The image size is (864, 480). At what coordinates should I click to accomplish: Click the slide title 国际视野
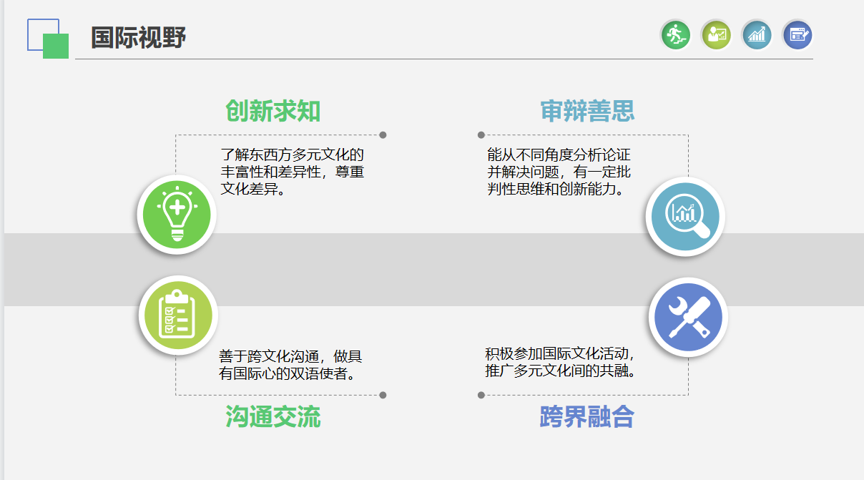pyautogui.click(x=138, y=37)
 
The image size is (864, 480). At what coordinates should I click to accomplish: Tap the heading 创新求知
pyautogui.click(x=273, y=111)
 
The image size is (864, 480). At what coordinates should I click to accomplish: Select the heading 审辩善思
pyautogui.click(x=587, y=111)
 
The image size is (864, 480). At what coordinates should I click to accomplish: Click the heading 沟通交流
pyautogui.click(x=273, y=417)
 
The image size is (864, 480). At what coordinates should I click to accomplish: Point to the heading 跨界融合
pyautogui.click(x=587, y=417)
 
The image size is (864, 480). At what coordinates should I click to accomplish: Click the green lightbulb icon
pyautogui.click(x=177, y=215)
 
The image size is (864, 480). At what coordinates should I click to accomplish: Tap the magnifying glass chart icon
pyautogui.click(x=685, y=217)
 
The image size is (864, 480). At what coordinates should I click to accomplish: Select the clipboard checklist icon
pyautogui.click(x=178, y=315)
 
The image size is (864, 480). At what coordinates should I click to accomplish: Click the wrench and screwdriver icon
pyautogui.click(x=689, y=317)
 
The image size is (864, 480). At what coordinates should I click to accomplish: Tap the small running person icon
pyautogui.click(x=676, y=35)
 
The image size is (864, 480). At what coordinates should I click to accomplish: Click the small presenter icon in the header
pyautogui.click(x=716, y=35)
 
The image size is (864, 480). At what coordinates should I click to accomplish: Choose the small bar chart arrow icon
pyautogui.click(x=757, y=35)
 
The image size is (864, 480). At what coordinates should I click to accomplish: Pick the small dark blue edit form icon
pyautogui.click(x=797, y=35)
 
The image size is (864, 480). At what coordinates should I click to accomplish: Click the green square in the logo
pyautogui.click(x=56, y=46)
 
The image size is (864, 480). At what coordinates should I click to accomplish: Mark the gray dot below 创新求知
pyautogui.click(x=383, y=135)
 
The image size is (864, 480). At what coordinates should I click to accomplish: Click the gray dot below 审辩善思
pyautogui.click(x=481, y=135)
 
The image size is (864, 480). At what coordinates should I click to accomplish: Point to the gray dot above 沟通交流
pyautogui.click(x=383, y=395)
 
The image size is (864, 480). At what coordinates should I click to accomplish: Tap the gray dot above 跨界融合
pyautogui.click(x=481, y=395)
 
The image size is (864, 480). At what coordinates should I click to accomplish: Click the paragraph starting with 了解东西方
pyautogui.click(x=292, y=172)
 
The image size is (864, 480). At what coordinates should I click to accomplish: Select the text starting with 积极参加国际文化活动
pyautogui.click(x=560, y=362)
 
